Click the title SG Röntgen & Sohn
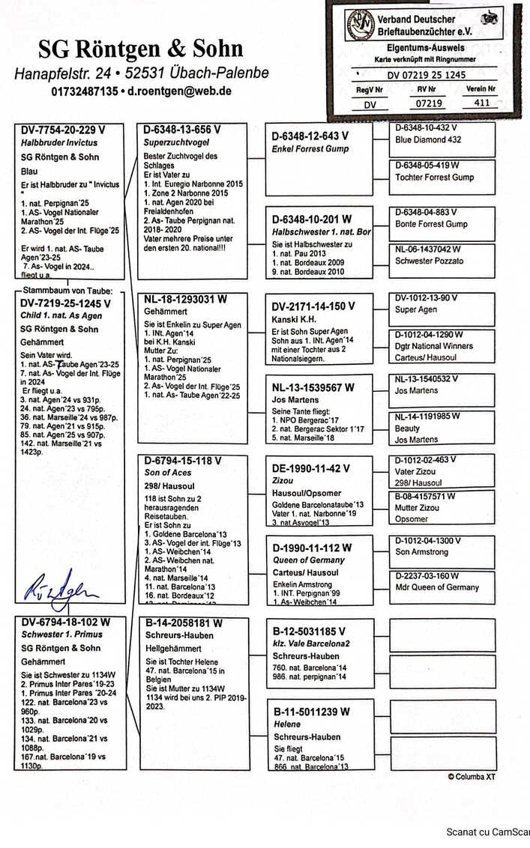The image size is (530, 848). [x=140, y=49]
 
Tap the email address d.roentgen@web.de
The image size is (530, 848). [x=179, y=91]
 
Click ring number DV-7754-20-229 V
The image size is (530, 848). [x=64, y=130]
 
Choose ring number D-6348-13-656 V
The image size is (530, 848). [x=182, y=130]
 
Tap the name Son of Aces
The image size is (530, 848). [x=168, y=473]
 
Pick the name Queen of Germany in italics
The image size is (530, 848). [x=308, y=560]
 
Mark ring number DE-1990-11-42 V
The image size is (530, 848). [x=310, y=468]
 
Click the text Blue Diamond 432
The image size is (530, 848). [x=428, y=139]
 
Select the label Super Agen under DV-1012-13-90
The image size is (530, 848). [x=416, y=309]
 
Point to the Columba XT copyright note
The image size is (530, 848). [x=472, y=777]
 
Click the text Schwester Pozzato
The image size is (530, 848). [x=430, y=261]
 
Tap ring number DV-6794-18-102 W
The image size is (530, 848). [x=65, y=622]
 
